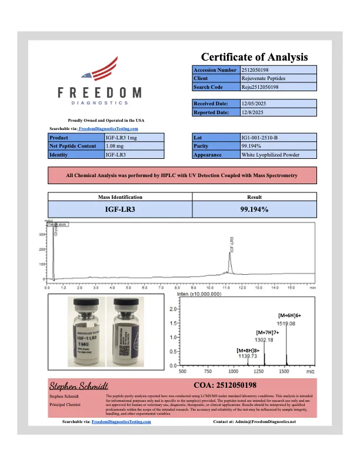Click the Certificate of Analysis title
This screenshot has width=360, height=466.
tap(255, 57)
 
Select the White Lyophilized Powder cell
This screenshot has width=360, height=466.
tap(271, 155)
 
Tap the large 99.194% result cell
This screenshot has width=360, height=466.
tap(254, 209)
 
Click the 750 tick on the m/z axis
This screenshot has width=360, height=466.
tap(208, 372)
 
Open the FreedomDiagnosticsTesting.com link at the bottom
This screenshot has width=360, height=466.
tap(122, 422)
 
